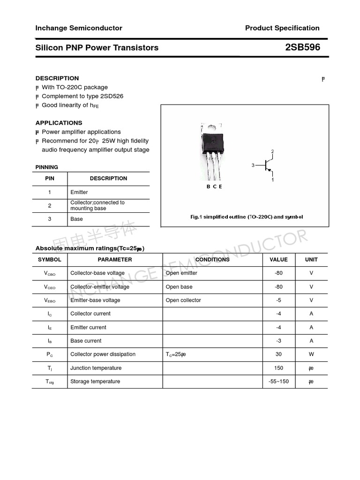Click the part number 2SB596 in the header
coord(302,47)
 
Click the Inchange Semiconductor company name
coord(79,28)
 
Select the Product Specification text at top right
coord(282,28)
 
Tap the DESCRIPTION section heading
coord(57,78)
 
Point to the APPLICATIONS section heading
coord(59,123)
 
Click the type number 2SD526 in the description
coord(111,96)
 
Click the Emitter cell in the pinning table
coord(79,192)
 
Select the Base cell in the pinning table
coord(76,219)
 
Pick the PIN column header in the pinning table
coord(50,179)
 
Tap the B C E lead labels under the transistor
coord(214,187)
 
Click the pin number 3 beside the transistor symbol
coord(253,165)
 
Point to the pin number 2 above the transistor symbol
coord(272,151)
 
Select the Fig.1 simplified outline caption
coord(247,217)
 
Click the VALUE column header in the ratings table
coord(278,260)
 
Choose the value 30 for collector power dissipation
coord(278,354)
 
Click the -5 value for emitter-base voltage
coord(278,300)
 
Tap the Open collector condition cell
coord(183,300)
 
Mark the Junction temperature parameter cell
coord(96,368)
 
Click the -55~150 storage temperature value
coord(278,382)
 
